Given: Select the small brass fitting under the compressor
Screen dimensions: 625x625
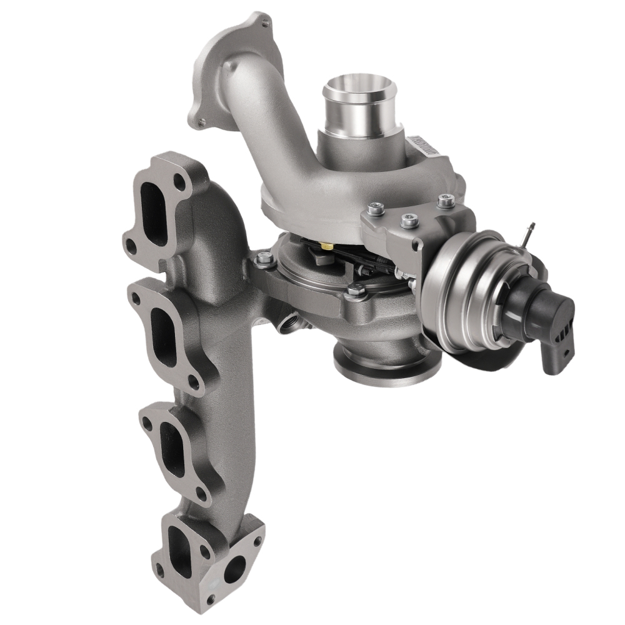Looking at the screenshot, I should pyautogui.click(x=326, y=247).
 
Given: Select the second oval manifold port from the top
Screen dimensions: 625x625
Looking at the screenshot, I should pyautogui.click(x=159, y=327).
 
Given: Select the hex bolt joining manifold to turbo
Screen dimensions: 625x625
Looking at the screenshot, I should pyautogui.click(x=263, y=257).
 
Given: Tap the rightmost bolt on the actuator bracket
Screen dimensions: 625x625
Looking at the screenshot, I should pyautogui.click(x=444, y=201).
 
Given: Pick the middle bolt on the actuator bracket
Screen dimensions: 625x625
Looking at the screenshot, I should pyautogui.click(x=409, y=219).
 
